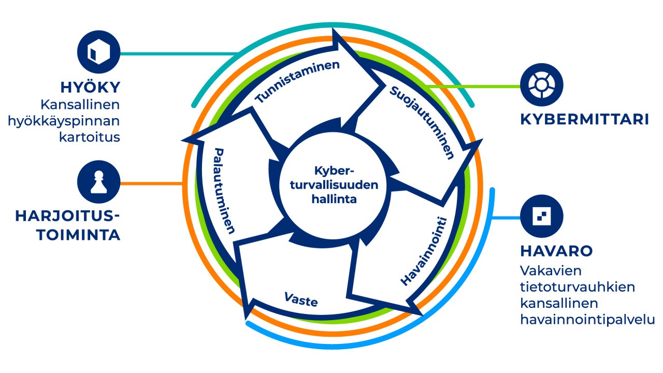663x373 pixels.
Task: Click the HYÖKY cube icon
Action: (98, 53)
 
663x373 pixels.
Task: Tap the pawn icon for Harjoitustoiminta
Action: (98, 183)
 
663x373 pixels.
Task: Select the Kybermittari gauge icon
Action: (541, 85)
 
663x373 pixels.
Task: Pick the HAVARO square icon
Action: (541, 217)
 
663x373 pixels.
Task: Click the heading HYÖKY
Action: (91, 87)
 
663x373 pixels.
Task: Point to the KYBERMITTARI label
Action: (584, 120)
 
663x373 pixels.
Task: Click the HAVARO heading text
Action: (556, 251)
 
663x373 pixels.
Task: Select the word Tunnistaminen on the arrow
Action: (298, 82)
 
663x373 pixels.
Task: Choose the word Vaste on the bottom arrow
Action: (300, 299)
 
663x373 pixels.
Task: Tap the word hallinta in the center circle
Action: (335, 198)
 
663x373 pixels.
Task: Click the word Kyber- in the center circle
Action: (335, 171)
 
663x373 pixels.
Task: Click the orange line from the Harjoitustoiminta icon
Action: (150, 183)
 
